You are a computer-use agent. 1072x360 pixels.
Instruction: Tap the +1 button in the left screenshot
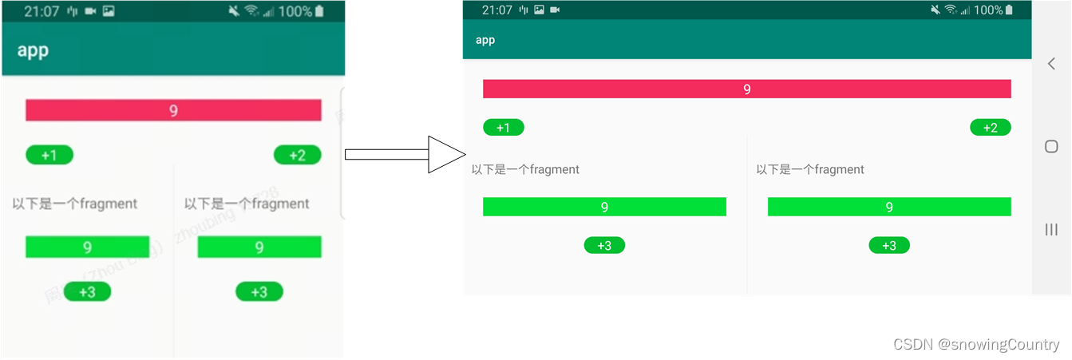pyautogui.click(x=49, y=155)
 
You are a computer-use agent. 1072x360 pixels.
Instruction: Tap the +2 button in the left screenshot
pyautogui.click(x=297, y=155)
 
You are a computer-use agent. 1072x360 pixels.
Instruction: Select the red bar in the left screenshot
pyautogui.click(x=173, y=110)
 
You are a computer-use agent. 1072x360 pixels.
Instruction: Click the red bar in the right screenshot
pyautogui.click(x=746, y=89)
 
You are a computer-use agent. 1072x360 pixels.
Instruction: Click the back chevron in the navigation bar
pyautogui.click(x=1051, y=64)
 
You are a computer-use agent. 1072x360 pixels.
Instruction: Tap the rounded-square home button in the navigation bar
pyautogui.click(x=1051, y=146)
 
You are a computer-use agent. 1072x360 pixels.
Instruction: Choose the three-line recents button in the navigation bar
pyautogui.click(x=1051, y=230)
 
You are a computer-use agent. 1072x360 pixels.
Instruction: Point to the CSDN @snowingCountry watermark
pyautogui.click(x=976, y=345)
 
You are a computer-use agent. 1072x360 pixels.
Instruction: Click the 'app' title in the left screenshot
pyautogui.click(x=33, y=50)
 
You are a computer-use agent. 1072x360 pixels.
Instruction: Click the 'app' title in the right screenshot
pyautogui.click(x=485, y=40)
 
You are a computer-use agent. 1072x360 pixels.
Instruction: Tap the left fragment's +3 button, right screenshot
pyautogui.click(x=604, y=246)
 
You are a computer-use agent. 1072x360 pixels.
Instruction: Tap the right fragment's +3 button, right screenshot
pyautogui.click(x=889, y=246)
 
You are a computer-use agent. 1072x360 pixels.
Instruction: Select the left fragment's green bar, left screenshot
pyautogui.click(x=87, y=247)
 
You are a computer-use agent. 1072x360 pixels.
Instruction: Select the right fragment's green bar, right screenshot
pyautogui.click(x=889, y=207)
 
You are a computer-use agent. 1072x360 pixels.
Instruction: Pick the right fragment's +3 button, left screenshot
pyautogui.click(x=259, y=292)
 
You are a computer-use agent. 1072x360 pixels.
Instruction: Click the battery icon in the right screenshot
pyautogui.click(x=1009, y=10)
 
